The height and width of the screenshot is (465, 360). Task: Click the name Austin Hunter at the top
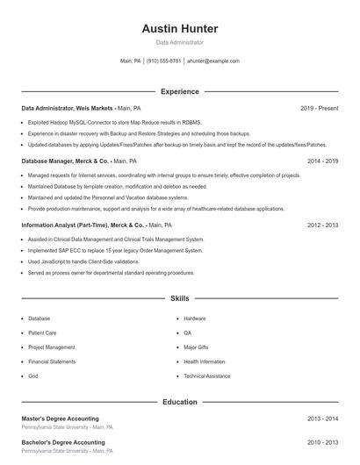click(179, 29)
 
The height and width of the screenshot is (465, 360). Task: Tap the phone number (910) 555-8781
click(163, 61)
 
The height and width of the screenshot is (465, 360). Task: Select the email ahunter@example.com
click(212, 61)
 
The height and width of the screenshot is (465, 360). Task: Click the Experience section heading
click(179, 91)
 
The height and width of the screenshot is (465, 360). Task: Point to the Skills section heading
click(179, 299)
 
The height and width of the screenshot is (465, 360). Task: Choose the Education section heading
click(179, 402)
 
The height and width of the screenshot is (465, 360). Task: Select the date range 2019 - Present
click(319, 108)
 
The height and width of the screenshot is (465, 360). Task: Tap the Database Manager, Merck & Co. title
click(66, 161)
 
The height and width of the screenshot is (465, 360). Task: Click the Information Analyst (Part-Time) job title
click(83, 225)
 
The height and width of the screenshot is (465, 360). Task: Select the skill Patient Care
click(42, 333)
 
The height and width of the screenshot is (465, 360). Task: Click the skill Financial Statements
click(52, 361)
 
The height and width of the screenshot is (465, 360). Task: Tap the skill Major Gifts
click(196, 347)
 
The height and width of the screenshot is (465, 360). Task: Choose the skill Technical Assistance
click(206, 376)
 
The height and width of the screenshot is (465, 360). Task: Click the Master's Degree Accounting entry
click(61, 418)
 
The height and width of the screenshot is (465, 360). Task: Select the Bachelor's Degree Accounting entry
click(63, 442)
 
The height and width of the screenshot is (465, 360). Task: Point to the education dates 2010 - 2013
click(322, 442)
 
